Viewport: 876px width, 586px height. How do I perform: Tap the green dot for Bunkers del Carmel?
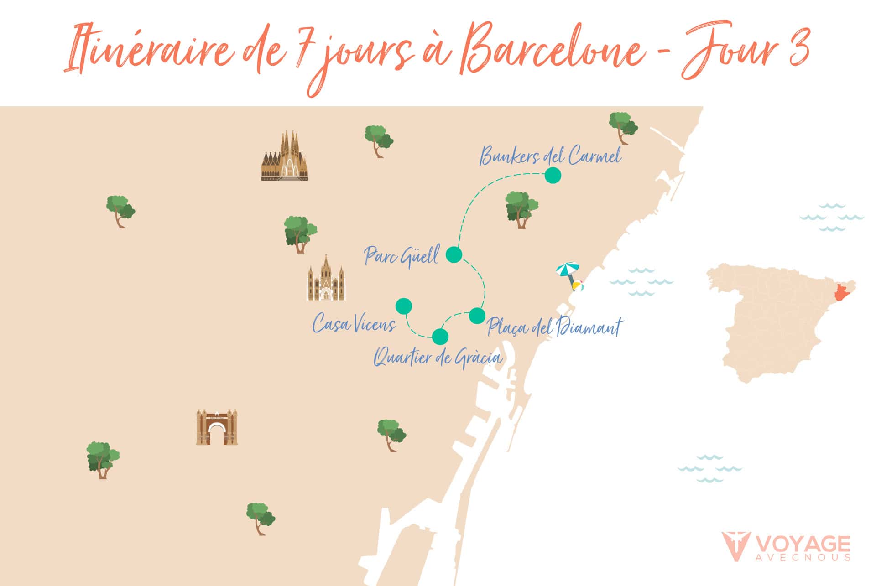tap(553, 175)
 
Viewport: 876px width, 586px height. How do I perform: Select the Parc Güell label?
tap(401, 256)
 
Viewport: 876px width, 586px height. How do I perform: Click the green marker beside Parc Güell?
tap(454, 255)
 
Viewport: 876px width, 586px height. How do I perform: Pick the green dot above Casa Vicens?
tap(404, 306)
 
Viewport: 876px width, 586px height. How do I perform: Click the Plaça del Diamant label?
tap(554, 327)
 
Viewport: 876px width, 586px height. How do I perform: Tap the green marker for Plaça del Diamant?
tap(477, 316)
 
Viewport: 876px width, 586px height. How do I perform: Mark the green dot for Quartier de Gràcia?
tap(440, 337)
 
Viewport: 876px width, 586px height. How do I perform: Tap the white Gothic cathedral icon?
tap(326, 279)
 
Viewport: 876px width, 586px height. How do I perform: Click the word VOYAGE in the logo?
tap(803, 544)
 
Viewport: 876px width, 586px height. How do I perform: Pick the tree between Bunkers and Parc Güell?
tap(521, 209)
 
